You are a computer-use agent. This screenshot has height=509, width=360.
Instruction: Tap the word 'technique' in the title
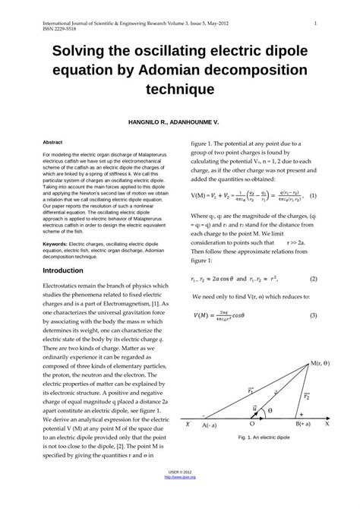(179, 90)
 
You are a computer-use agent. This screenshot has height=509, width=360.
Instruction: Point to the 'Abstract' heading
(52, 142)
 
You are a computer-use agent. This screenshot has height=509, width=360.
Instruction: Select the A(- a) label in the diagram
(212, 425)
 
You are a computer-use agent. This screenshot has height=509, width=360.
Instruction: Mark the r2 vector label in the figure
(306, 396)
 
